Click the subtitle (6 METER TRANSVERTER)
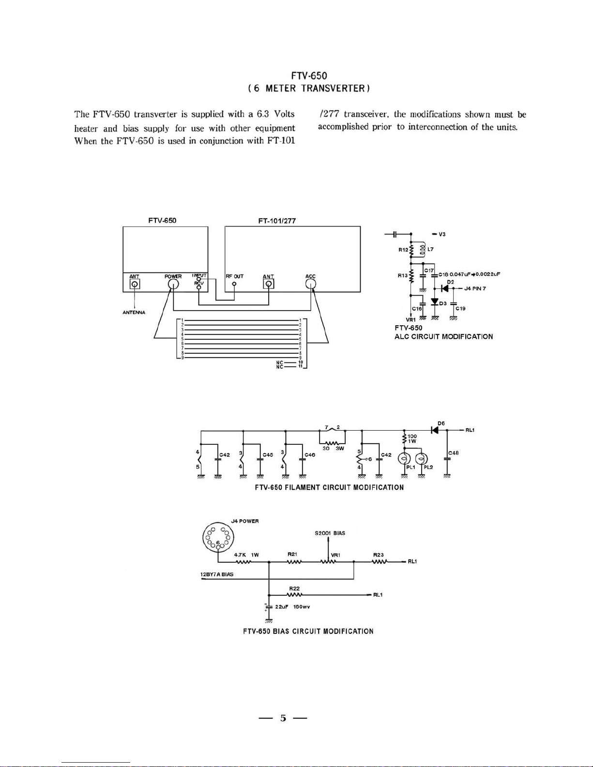click(x=309, y=88)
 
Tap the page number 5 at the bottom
click(x=283, y=718)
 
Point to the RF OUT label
click(x=235, y=276)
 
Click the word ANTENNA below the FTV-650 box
click(x=134, y=312)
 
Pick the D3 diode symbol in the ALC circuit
click(x=435, y=302)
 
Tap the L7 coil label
click(x=430, y=249)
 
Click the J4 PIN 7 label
click(x=475, y=288)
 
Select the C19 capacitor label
click(x=460, y=308)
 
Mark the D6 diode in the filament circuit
click(x=435, y=430)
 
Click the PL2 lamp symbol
click(x=422, y=458)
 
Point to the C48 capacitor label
click(x=453, y=453)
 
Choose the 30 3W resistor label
click(x=333, y=448)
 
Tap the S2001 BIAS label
click(x=330, y=533)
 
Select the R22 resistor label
click(x=294, y=588)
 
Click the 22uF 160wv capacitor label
click(x=292, y=606)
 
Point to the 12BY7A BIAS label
click(x=217, y=574)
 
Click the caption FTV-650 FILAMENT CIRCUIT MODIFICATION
click(x=329, y=487)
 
